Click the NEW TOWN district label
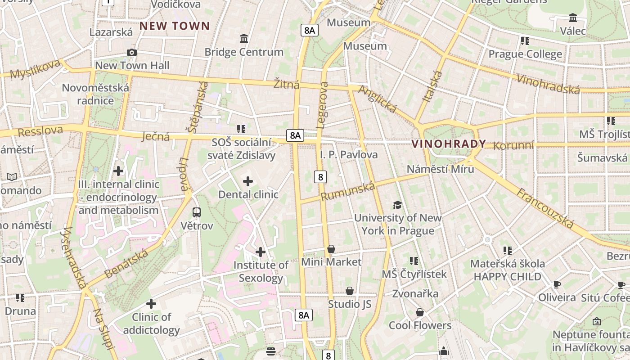[175, 26]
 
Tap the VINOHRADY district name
[449, 144]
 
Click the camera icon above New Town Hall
[132, 53]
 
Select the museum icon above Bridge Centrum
[244, 39]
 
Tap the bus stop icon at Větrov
[197, 212]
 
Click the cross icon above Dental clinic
[247, 181]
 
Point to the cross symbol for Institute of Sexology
[260, 252]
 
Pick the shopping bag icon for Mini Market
[331, 249]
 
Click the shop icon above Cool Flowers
[420, 312]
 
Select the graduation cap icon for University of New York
[397, 205]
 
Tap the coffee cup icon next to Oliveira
[557, 284]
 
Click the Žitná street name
[286, 84]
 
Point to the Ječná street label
[155, 136]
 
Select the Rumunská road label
[347, 192]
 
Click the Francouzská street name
[545, 208]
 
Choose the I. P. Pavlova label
[349, 155]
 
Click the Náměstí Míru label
[440, 169]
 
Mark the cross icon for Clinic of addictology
[151, 304]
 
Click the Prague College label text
[525, 54]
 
